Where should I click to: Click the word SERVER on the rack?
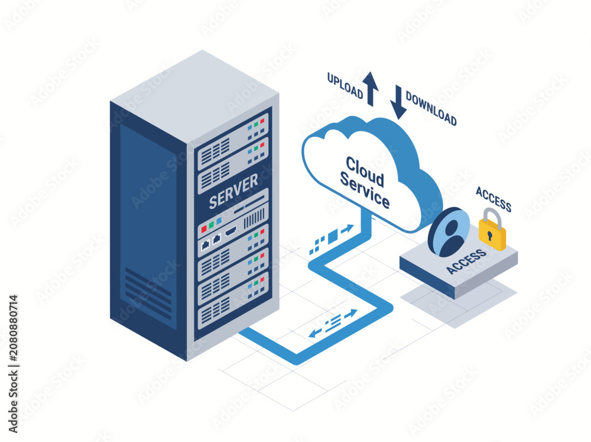(x=233, y=192)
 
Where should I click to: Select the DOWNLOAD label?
(x=431, y=109)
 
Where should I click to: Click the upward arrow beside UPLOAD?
(x=371, y=89)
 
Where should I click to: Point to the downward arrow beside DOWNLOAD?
(x=398, y=102)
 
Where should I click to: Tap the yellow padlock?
(x=492, y=230)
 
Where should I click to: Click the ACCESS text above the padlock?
(x=493, y=199)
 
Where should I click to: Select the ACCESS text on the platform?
(x=466, y=261)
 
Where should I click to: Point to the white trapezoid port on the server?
(x=230, y=231)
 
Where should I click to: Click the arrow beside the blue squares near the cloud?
(x=348, y=229)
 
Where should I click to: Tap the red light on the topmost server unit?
(x=262, y=121)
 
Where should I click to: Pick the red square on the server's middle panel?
(x=203, y=229)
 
